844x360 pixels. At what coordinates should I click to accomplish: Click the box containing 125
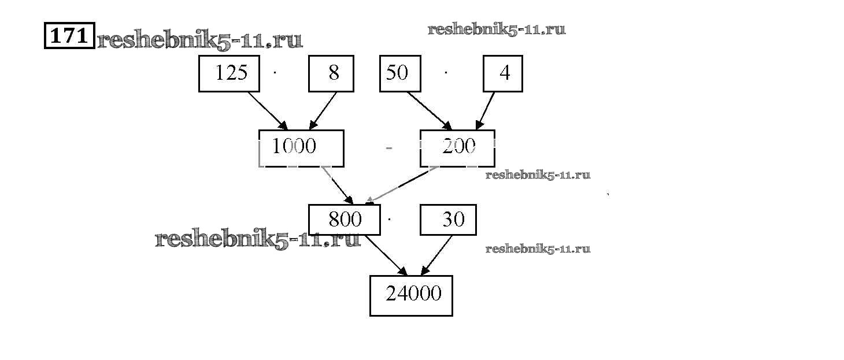tap(229, 73)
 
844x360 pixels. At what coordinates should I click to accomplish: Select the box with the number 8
tap(331, 73)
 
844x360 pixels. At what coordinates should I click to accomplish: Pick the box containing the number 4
tap(503, 73)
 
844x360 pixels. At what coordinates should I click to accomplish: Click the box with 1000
tap(301, 148)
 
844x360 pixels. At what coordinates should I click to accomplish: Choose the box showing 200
tap(457, 148)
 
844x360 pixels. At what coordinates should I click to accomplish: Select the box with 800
tap(345, 220)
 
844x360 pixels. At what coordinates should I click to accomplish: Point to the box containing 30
tap(448, 220)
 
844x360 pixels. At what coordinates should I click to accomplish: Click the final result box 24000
tap(411, 295)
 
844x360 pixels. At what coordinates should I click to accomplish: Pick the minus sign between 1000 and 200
tap(389, 149)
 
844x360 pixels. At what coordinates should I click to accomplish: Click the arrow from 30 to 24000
tap(436, 255)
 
